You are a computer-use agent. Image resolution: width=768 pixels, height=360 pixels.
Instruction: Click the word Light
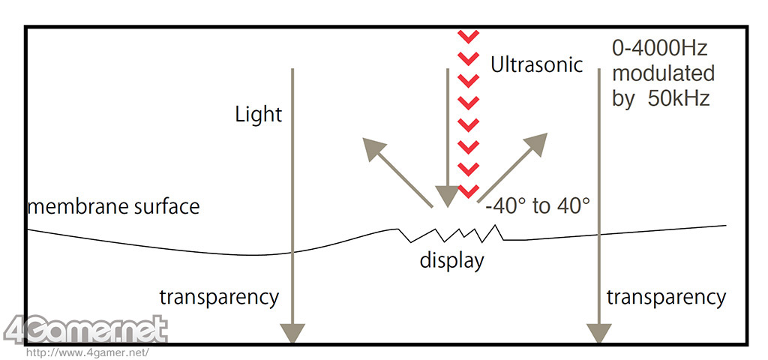click(x=258, y=115)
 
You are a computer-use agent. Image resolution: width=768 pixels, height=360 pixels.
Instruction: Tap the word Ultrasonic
click(x=536, y=64)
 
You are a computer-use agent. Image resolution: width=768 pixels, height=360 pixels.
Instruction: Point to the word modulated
click(x=663, y=74)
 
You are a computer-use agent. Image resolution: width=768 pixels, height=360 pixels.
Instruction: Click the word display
click(x=451, y=261)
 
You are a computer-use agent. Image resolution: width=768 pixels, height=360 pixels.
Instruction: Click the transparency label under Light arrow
click(x=219, y=297)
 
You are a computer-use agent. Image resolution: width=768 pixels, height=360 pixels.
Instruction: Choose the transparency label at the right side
click(x=666, y=298)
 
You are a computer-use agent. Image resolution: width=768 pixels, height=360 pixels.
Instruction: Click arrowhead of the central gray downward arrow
click(x=448, y=196)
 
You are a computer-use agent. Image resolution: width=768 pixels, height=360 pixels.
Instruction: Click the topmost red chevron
click(x=469, y=37)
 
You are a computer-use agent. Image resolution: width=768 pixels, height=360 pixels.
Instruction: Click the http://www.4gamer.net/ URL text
click(x=87, y=351)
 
